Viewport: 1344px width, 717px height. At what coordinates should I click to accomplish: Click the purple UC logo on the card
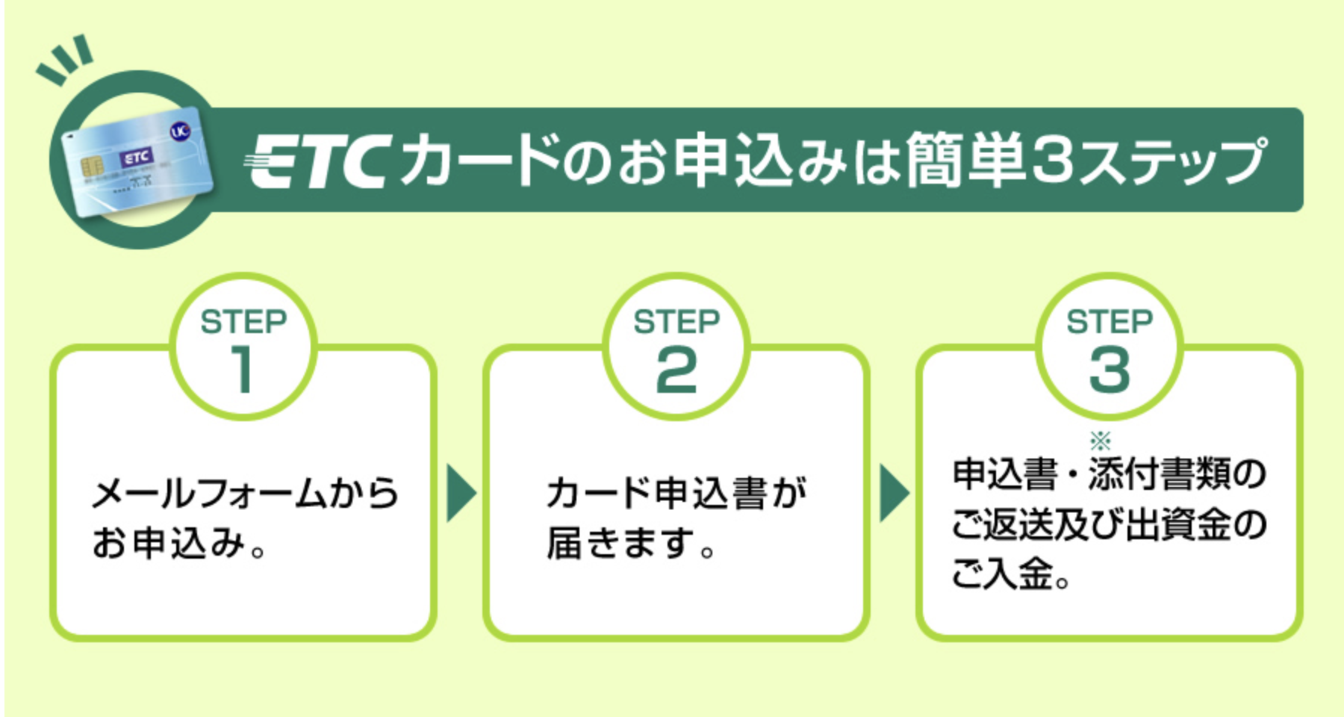[180, 132]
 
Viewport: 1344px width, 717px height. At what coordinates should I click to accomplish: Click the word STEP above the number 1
[243, 322]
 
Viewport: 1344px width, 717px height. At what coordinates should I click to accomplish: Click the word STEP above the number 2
[676, 322]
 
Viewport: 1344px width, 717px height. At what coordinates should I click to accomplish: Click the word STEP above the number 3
[1110, 322]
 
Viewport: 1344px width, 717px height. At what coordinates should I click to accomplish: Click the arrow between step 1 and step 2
[461, 493]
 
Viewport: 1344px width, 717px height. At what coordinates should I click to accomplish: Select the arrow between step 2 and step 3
[894, 493]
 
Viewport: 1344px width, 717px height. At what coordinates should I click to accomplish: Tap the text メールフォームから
[245, 494]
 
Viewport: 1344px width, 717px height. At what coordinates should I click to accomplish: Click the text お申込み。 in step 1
[179, 543]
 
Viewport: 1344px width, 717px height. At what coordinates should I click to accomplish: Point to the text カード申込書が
[676, 494]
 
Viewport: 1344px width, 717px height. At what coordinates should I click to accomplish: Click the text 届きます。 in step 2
[631, 543]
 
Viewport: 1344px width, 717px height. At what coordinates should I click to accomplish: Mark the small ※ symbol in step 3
[1101, 440]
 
